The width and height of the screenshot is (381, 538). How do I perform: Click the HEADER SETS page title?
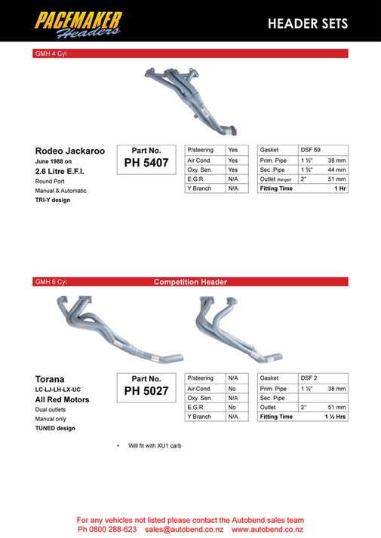click(x=308, y=24)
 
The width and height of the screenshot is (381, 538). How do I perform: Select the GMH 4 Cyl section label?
click(x=51, y=53)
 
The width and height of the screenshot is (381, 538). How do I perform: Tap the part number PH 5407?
click(x=146, y=162)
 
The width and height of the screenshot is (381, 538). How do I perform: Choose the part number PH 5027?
click(x=146, y=390)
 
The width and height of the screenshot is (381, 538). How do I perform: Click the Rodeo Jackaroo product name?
click(x=70, y=151)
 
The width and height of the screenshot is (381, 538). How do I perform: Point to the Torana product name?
click(x=50, y=379)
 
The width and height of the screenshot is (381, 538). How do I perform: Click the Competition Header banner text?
click(x=190, y=282)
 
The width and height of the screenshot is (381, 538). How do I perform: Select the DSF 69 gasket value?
click(x=311, y=150)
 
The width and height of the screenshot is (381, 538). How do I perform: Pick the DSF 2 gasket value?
click(x=309, y=378)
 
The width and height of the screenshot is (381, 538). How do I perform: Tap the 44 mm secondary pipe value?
click(x=336, y=170)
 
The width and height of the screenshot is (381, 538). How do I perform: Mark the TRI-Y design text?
click(x=52, y=200)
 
